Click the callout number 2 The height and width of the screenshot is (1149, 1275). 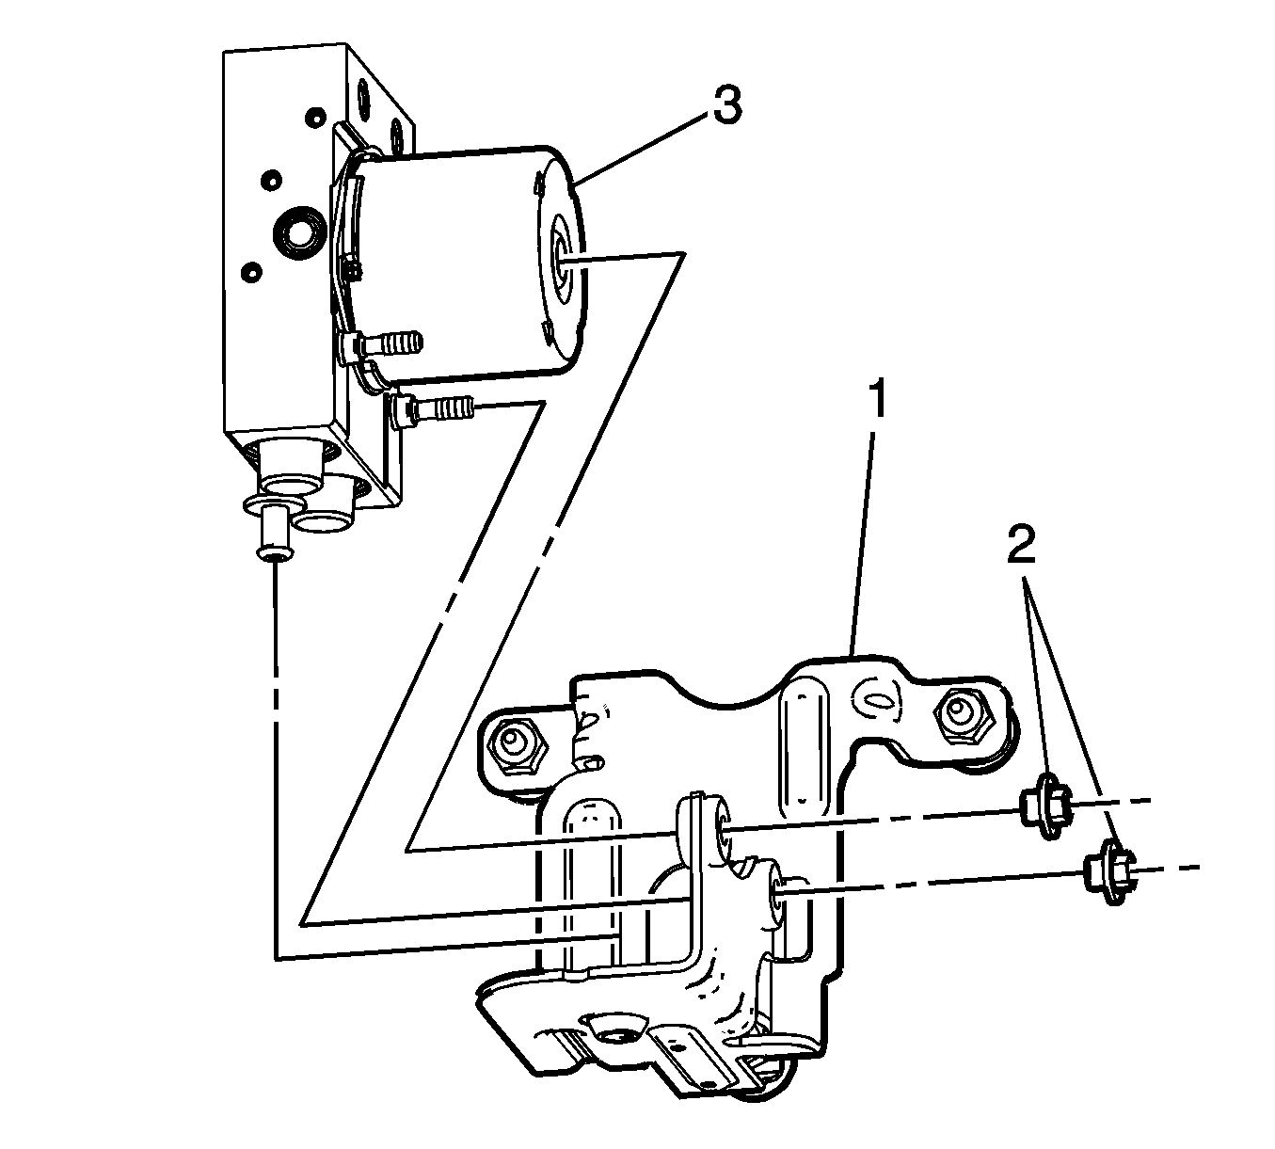tap(1021, 543)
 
